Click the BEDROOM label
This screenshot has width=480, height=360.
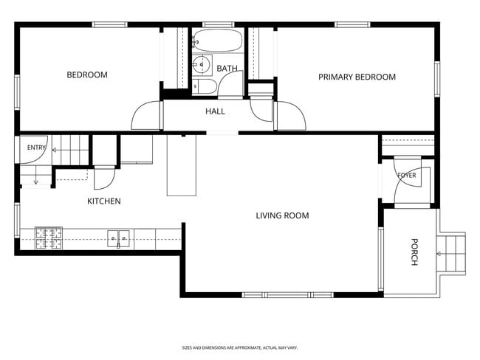coord(87,75)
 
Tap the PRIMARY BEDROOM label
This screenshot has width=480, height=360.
coord(357,77)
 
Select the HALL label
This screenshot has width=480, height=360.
coord(215,111)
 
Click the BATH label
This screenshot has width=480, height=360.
coord(227,69)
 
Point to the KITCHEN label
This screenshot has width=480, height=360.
coord(104,201)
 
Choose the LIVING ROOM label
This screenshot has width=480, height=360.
coord(283,215)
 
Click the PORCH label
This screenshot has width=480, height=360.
coord(414,252)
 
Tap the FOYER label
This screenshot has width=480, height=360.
coord(407,176)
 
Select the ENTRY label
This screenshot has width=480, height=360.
coord(36,148)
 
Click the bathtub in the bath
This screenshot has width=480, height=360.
coord(218,41)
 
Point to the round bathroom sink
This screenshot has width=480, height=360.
coord(202,64)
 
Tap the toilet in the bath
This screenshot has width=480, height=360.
coord(205,86)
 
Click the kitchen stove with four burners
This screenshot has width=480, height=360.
coord(49,238)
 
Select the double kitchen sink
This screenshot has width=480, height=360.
coord(118,239)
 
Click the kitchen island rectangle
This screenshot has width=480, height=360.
coord(182,165)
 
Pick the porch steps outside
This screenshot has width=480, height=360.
coord(451,254)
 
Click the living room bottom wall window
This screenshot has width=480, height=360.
coord(288,295)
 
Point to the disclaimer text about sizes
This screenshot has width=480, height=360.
coord(240,347)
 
